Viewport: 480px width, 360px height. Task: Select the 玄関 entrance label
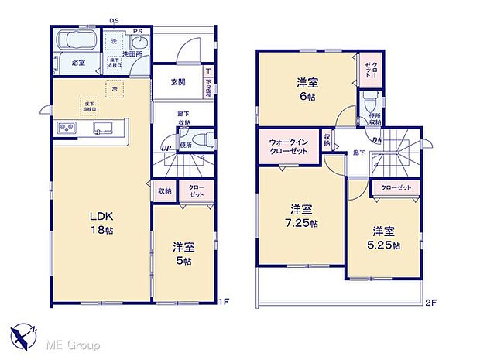pyautogui.click(x=177, y=81)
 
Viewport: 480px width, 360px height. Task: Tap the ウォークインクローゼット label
pyautogui.click(x=289, y=146)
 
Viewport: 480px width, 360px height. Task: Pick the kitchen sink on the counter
pyautogui.click(x=101, y=128)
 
